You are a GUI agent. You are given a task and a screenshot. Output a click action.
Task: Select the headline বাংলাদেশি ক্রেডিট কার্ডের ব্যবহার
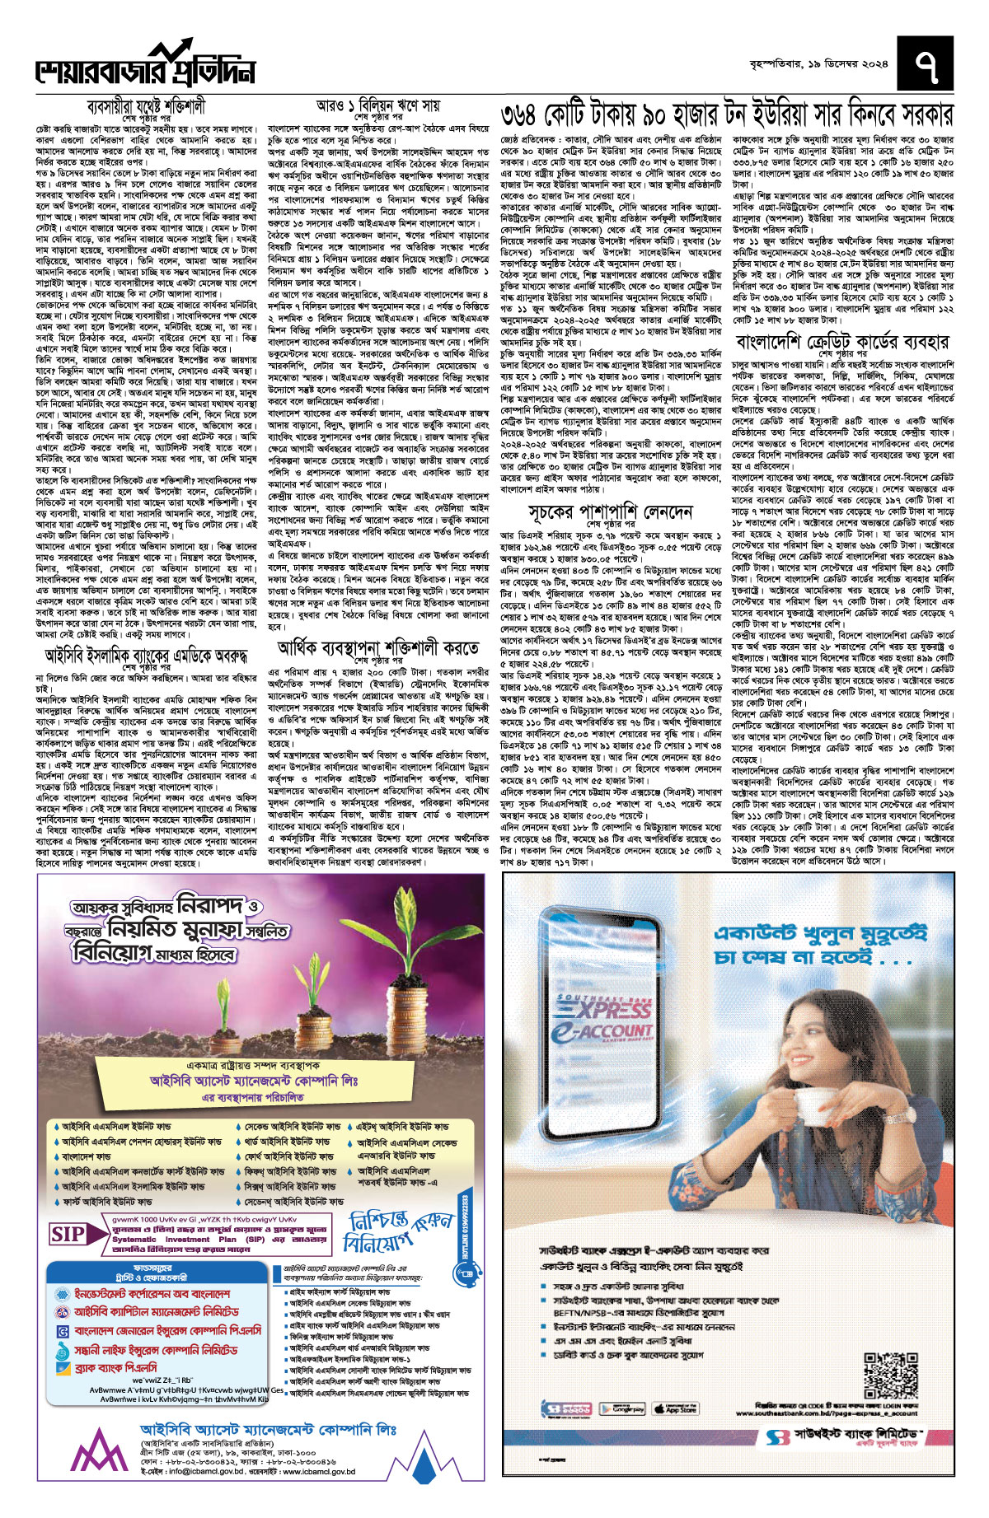click(842, 342)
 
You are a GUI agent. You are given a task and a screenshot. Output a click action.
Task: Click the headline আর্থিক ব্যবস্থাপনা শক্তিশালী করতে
click(378, 648)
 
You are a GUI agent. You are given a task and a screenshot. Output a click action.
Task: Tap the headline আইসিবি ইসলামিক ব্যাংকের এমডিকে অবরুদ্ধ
click(146, 656)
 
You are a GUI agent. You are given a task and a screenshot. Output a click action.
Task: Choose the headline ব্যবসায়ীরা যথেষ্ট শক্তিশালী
click(146, 107)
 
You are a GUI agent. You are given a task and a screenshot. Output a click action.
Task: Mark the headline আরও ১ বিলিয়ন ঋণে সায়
click(378, 107)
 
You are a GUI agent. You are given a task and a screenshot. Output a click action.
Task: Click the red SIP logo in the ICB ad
click(68, 1234)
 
